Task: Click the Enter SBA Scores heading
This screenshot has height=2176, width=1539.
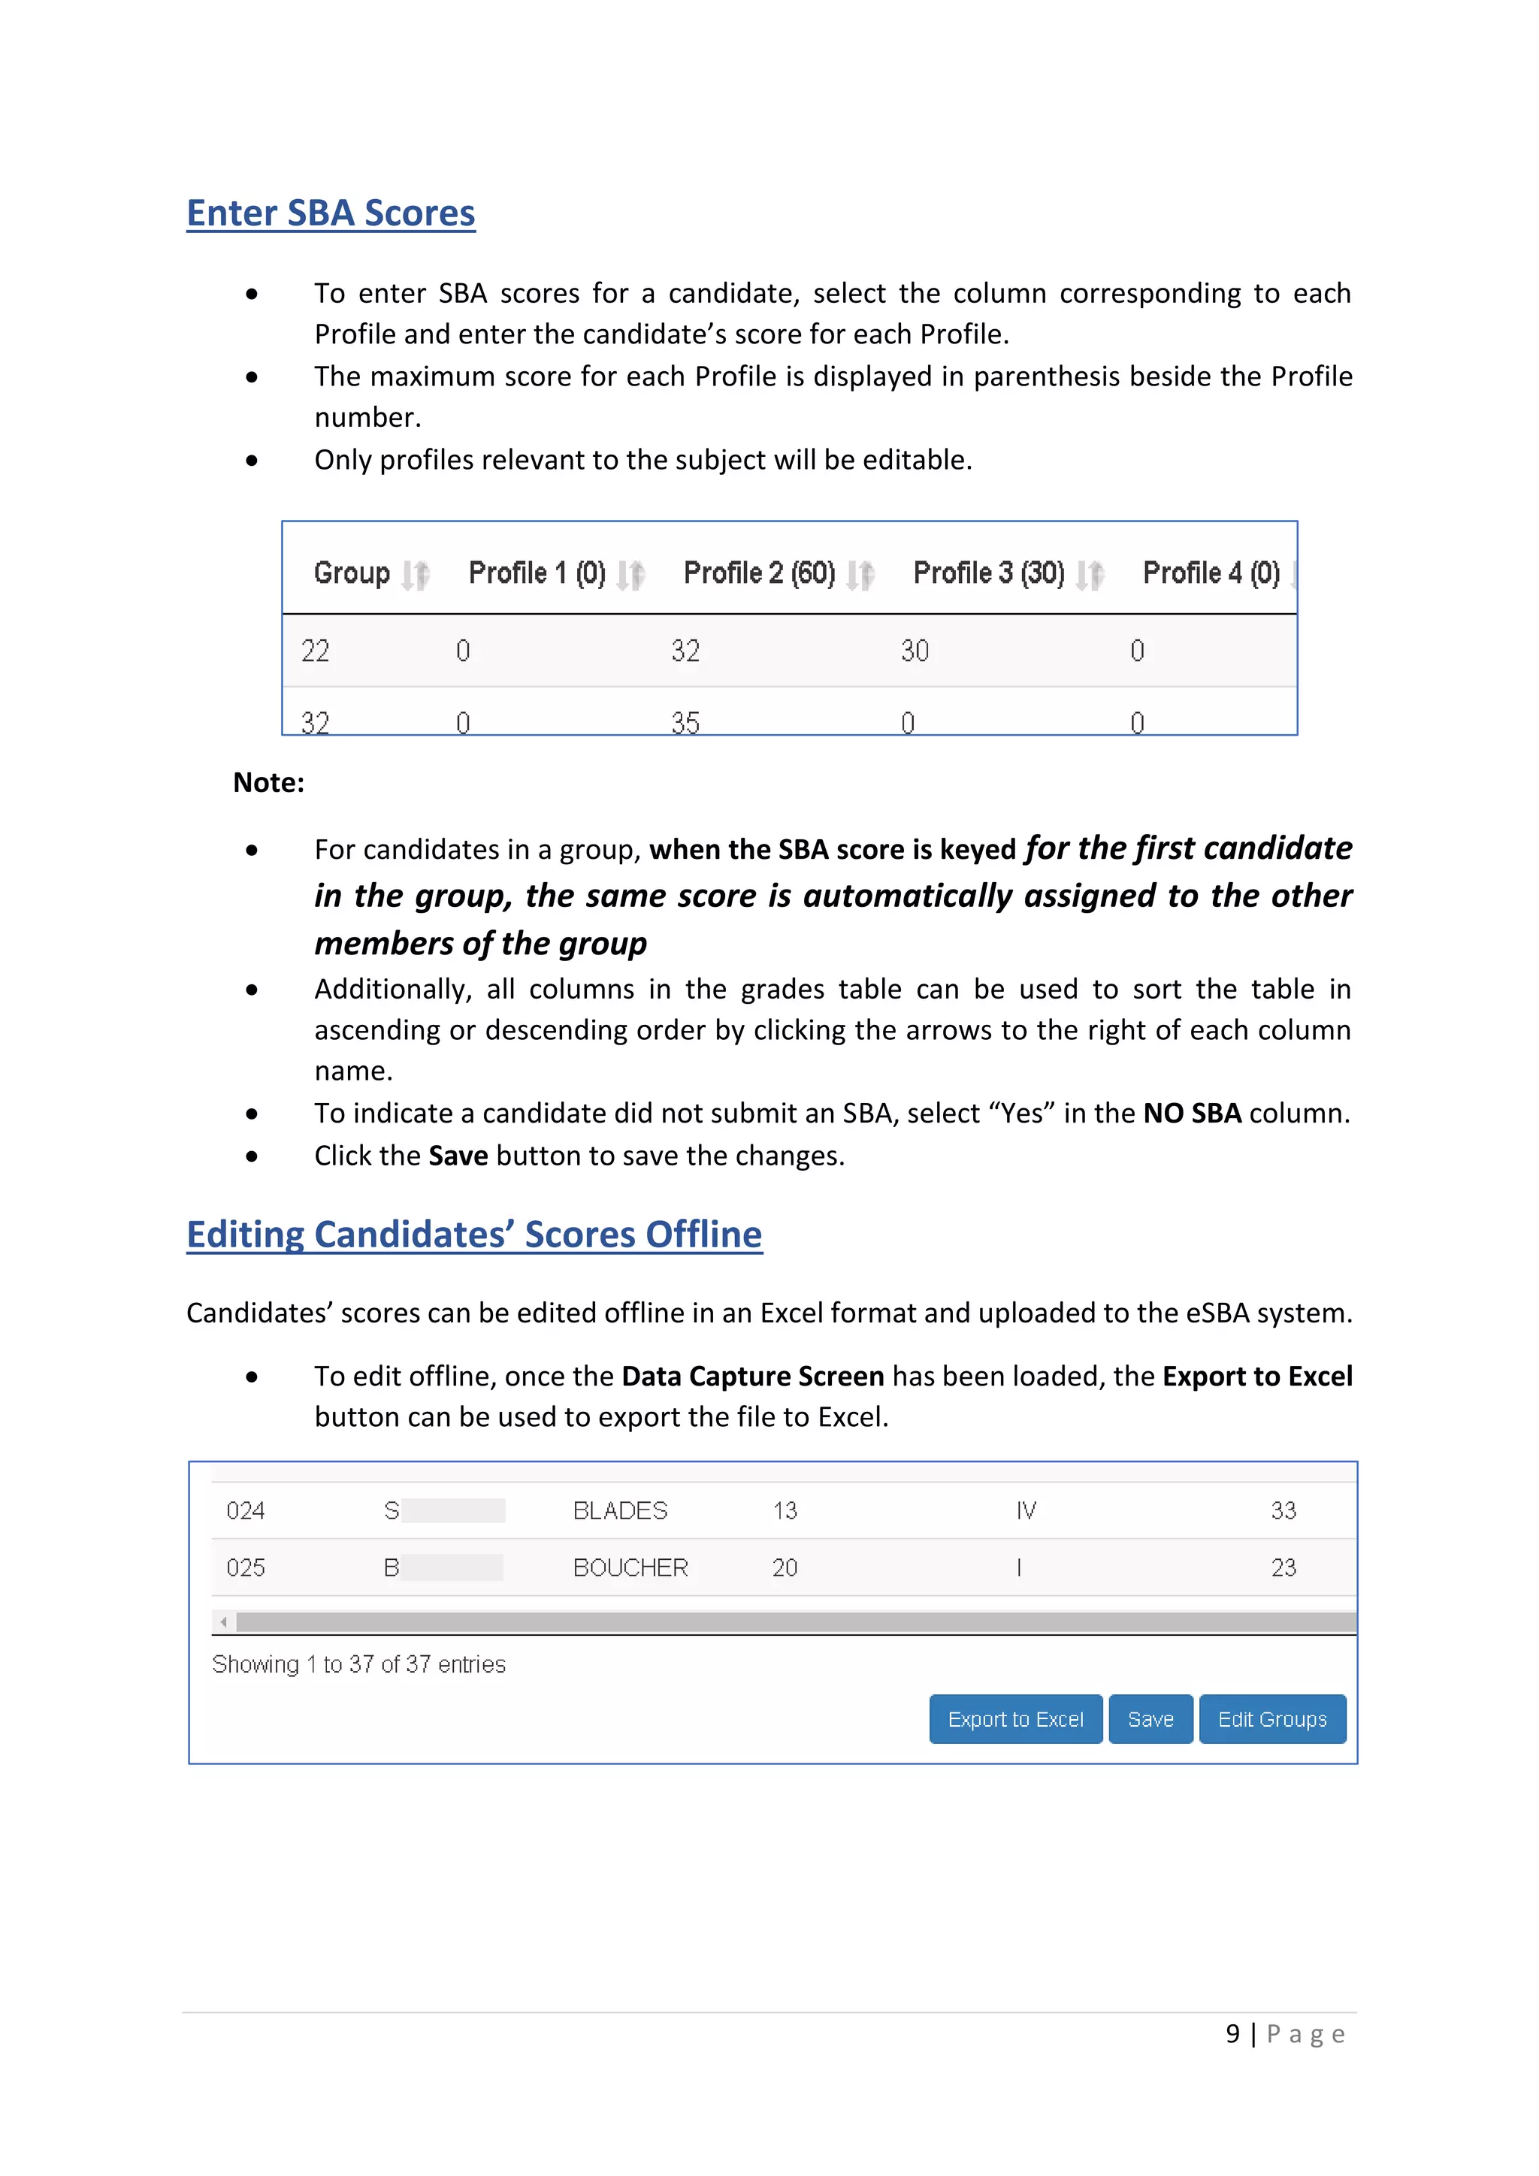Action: click(331, 213)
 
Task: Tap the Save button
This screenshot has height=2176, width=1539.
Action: click(1150, 1719)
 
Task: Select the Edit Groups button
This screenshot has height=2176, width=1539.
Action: click(1271, 1719)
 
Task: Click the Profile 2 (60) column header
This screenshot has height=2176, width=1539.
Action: click(759, 573)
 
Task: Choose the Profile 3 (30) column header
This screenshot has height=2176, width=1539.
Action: click(988, 573)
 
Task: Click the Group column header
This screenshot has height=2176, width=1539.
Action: click(352, 573)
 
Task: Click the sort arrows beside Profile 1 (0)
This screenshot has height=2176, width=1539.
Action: click(630, 574)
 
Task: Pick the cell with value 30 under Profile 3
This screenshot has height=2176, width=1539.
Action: click(915, 651)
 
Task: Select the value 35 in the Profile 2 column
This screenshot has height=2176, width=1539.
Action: click(685, 723)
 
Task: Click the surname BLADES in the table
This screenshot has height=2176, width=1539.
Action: click(620, 1511)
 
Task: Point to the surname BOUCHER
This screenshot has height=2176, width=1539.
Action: click(630, 1567)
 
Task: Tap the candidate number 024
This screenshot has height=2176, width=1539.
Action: click(246, 1511)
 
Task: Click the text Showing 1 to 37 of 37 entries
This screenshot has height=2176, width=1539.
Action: click(358, 1664)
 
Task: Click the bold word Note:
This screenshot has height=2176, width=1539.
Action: click(268, 783)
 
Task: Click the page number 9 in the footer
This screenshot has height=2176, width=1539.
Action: click(1232, 2034)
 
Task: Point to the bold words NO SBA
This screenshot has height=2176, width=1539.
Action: click(1191, 1113)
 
